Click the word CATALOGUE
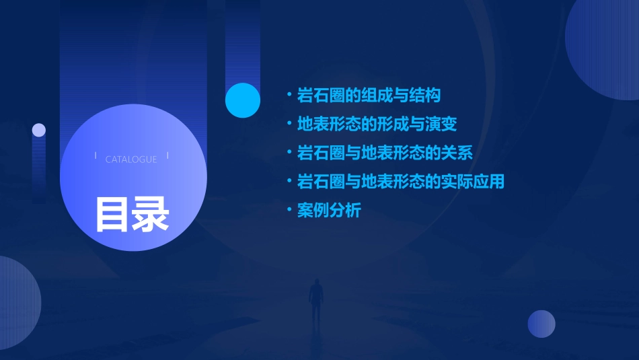click(131, 159)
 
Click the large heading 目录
click(132, 214)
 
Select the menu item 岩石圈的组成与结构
click(369, 96)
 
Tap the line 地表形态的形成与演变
click(377, 124)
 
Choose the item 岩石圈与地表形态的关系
click(385, 153)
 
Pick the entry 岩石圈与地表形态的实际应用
click(400, 182)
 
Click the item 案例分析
click(329, 211)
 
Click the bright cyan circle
click(243, 100)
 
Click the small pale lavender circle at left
click(39, 130)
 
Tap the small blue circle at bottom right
click(541, 324)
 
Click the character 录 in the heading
click(151, 214)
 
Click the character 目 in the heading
click(112, 214)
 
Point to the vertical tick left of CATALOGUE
click(96, 156)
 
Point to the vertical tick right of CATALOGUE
click(167, 156)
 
